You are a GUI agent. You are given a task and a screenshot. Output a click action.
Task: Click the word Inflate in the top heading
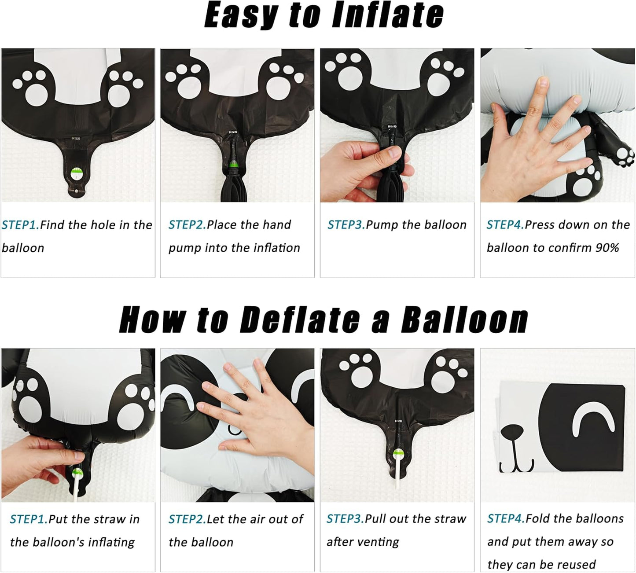(387, 15)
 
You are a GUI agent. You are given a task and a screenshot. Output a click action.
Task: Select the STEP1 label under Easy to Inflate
(20, 225)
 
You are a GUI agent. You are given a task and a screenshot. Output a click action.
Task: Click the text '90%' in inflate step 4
(607, 248)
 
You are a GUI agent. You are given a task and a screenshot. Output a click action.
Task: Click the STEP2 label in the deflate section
(187, 519)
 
